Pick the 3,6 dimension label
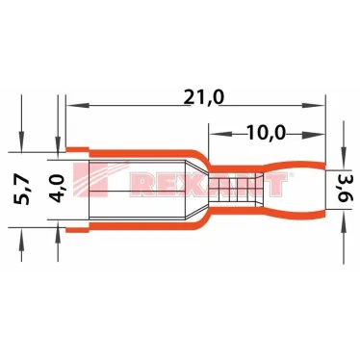click(341, 183)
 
